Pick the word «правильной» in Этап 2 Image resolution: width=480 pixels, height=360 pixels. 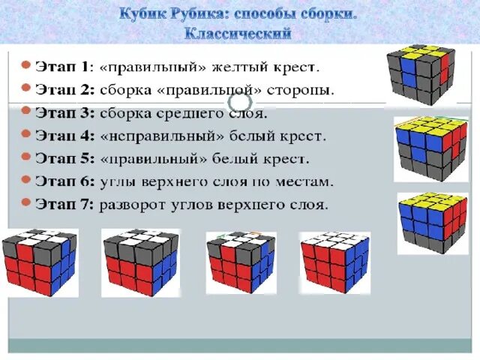[x=226, y=90]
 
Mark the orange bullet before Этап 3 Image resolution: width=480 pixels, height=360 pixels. [x=25, y=112]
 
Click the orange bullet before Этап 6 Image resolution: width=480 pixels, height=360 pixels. [x=25, y=181]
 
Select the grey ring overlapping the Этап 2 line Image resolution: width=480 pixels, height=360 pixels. [x=239, y=100]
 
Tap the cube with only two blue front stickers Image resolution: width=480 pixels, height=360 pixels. [x=420, y=78]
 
